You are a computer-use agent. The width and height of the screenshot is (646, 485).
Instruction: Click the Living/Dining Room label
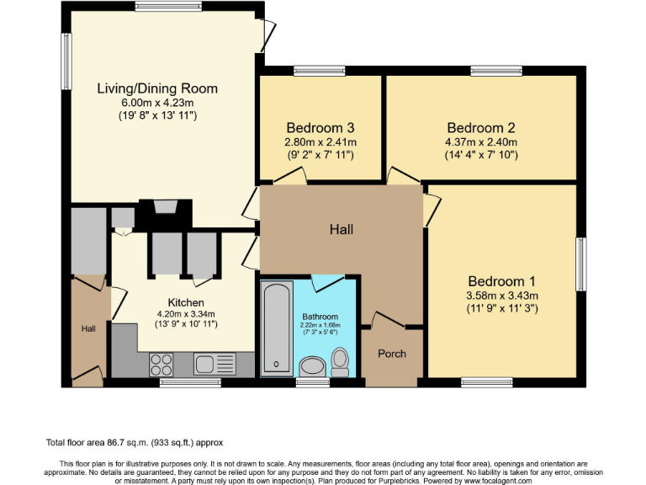coord(157,88)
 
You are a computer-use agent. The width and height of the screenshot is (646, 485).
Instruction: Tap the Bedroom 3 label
coord(320,127)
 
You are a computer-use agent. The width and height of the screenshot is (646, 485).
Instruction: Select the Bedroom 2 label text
coord(480,127)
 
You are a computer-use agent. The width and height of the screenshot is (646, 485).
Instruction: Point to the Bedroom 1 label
coord(502,280)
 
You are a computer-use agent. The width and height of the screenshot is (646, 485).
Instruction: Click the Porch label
coord(392,354)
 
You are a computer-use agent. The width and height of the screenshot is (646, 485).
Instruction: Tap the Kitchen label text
coord(186,303)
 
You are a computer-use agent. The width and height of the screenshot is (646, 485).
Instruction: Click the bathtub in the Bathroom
coord(276,328)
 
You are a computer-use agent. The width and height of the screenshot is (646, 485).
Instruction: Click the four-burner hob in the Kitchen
coord(161,364)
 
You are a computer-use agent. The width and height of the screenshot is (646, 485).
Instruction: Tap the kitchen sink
coord(214,364)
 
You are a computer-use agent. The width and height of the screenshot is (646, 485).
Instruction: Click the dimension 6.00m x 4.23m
coord(157,103)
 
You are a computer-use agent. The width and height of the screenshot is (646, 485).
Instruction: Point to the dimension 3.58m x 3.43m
coord(502,296)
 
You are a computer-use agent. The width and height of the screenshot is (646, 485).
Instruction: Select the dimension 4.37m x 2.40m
coord(480,142)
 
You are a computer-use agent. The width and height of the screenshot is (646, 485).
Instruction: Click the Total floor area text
coord(135,442)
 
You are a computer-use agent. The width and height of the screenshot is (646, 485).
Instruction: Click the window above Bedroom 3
coord(319,71)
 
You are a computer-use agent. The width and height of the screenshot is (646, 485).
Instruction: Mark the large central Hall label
coord(342,229)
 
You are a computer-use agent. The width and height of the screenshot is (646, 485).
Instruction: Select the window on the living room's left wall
coord(66,59)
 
